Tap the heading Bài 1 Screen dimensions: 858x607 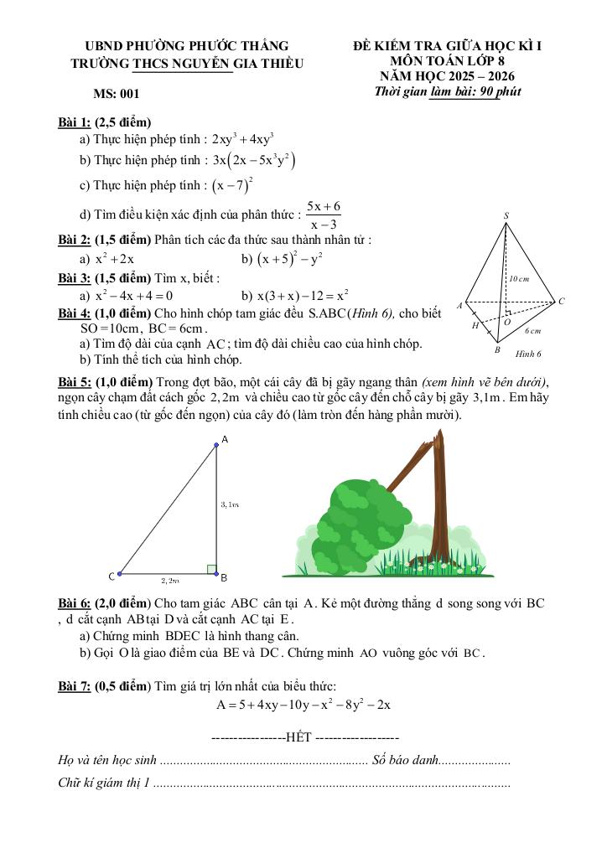tap(75, 122)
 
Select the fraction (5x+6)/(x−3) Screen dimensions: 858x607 tap(324, 214)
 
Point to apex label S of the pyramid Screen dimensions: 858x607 tap(506, 216)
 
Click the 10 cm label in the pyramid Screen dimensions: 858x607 tap(518, 278)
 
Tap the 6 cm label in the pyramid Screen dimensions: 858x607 tap(532, 331)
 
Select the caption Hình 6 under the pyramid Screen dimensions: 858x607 tap(528, 354)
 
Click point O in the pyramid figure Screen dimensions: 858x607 tap(506, 321)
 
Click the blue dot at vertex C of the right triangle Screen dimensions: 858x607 tap(120, 574)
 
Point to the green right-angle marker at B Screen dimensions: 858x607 tap(211, 569)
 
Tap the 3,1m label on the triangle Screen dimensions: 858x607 tap(231, 504)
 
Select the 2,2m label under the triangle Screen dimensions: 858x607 tap(170, 580)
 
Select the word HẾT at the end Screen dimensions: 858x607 tap(298, 737)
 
